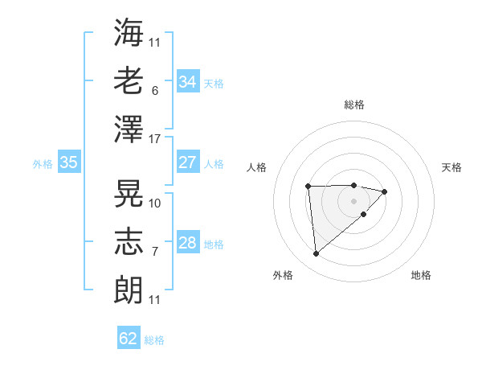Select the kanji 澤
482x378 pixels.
[129, 128]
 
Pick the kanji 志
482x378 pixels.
[129, 240]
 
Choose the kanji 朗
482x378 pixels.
[129, 287]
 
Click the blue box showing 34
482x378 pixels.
[187, 82]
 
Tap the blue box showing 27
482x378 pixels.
[187, 162]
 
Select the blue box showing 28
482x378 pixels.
[187, 243]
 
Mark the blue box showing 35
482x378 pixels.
[68, 162]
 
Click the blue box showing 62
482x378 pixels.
[129, 339]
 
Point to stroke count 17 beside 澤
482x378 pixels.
[155, 139]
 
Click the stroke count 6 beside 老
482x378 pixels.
[154, 91]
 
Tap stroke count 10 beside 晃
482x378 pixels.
[155, 203]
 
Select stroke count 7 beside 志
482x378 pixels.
[154, 252]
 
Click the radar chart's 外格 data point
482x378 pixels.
[316, 254]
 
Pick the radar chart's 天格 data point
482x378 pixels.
[385, 191]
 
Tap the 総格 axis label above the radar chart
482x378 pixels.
[353, 105]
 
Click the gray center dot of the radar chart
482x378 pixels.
[353, 199]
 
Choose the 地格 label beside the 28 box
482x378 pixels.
[214, 244]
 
